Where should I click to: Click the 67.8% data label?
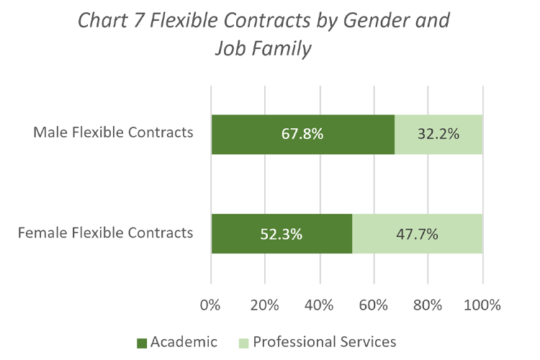tap(302, 135)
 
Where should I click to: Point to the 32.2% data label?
tap(438, 135)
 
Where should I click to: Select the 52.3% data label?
tap(282, 234)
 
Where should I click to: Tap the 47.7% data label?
tap(418, 234)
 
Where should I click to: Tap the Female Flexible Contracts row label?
tap(104, 233)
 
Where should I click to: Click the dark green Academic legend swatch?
tap(142, 341)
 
